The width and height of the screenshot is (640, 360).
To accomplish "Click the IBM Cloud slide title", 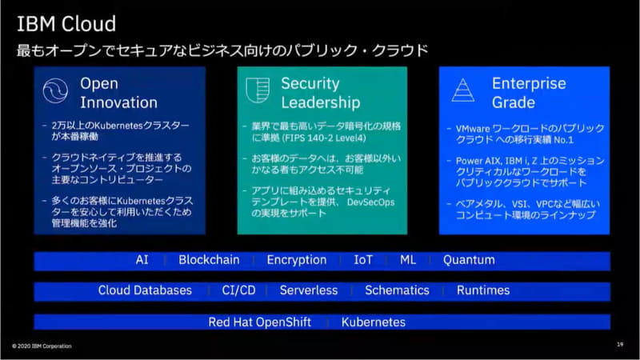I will click(66, 23).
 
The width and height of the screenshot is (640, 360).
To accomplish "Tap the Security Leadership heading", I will click(320, 93).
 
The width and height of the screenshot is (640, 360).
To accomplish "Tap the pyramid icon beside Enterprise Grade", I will click(462, 90).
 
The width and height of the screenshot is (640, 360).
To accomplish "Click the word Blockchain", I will click(209, 260).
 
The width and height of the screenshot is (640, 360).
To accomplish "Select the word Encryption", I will click(297, 260).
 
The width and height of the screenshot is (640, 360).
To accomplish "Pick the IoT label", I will click(363, 260).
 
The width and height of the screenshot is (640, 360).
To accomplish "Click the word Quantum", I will click(469, 260).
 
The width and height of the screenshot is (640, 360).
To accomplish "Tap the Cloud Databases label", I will click(145, 290).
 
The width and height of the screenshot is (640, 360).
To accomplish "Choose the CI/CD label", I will click(238, 290).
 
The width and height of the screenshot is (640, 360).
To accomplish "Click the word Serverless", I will click(308, 290).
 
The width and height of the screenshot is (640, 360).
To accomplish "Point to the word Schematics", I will click(397, 290).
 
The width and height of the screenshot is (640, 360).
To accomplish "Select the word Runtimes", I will click(483, 290).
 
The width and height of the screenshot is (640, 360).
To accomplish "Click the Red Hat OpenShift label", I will click(259, 322).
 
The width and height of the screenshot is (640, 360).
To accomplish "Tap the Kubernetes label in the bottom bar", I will click(373, 322).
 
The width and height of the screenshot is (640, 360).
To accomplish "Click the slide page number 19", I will click(620, 345).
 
